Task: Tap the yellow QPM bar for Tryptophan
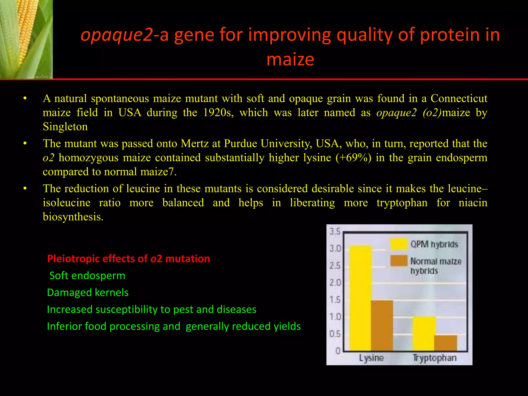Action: [x=424, y=334]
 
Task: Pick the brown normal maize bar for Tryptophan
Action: [x=446, y=343]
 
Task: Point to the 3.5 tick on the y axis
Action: [x=335, y=232]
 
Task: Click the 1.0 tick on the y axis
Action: [x=335, y=317]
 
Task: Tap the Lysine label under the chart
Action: [x=371, y=358]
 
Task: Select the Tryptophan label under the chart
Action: [x=435, y=358]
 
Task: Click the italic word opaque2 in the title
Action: [x=117, y=35]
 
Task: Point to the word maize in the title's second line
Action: [x=290, y=59]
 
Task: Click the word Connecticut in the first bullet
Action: [x=459, y=98]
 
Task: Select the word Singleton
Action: [x=65, y=127]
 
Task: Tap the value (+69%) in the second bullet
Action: [x=353, y=158]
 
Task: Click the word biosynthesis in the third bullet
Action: [x=73, y=217]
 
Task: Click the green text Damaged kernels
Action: [x=88, y=293]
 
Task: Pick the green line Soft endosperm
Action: [x=87, y=276]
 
